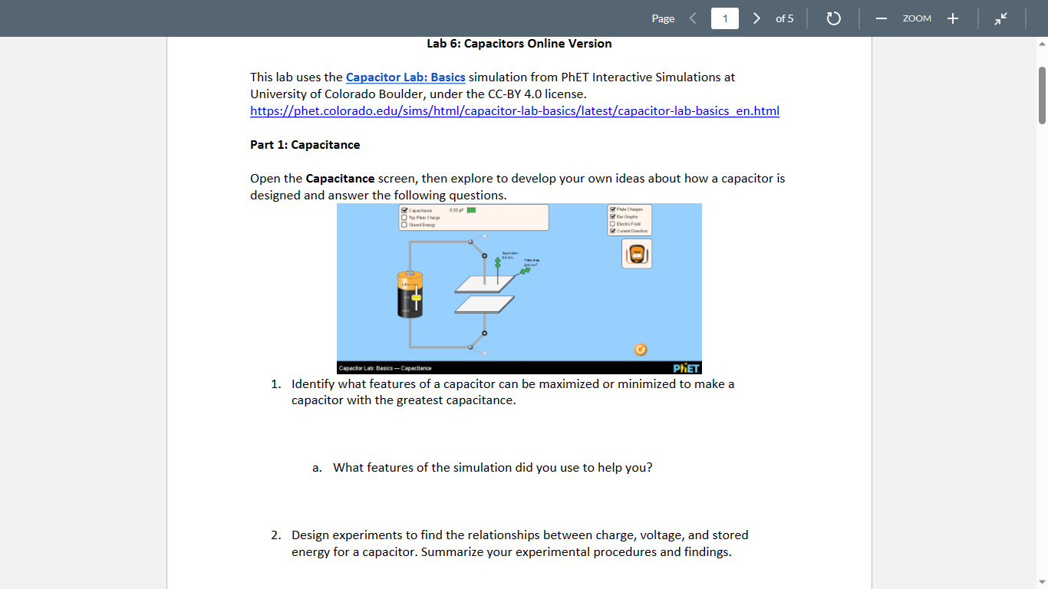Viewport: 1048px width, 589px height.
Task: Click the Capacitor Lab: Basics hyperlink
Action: pyautogui.click(x=405, y=77)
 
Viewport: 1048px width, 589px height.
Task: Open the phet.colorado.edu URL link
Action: pyautogui.click(x=514, y=111)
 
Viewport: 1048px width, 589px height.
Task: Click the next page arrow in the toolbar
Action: pyautogui.click(x=756, y=18)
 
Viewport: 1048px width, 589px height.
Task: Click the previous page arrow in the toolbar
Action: pyautogui.click(x=693, y=18)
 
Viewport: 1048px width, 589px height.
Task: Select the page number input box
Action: pyautogui.click(x=724, y=18)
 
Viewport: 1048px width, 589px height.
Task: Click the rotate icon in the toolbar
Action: pyautogui.click(x=834, y=18)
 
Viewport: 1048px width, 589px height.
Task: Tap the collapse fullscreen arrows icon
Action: pyautogui.click(x=1002, y=18)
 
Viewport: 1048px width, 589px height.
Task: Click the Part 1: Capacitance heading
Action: pyautogui.click(x=305, y=145)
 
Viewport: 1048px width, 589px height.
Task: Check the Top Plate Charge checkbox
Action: pyautogui.click(x=404, y=217)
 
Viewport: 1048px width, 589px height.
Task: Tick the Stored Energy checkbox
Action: pyautogui.click(x=404, y=225)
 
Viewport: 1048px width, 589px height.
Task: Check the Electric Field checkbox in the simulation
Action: pyautogui.click(x=611, y=223)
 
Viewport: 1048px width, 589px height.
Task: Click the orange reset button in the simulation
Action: pyautogui.click(x=641, y=350)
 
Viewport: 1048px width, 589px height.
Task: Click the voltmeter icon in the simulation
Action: pyautogui.click(x=636, y=254)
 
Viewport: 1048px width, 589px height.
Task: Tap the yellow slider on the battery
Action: pyautogui.click(x=416, y=296)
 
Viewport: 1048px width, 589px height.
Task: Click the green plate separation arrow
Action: pyautogui.click(x=498, y=263)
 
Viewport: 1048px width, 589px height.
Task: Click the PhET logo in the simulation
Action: pyautogui.click(x=686, y=368)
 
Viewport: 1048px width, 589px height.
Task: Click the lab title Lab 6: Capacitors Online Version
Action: pyautogui.click(x=519, y=44)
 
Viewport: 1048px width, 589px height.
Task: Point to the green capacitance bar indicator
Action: pyautogui.click(x=471, y=210)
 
